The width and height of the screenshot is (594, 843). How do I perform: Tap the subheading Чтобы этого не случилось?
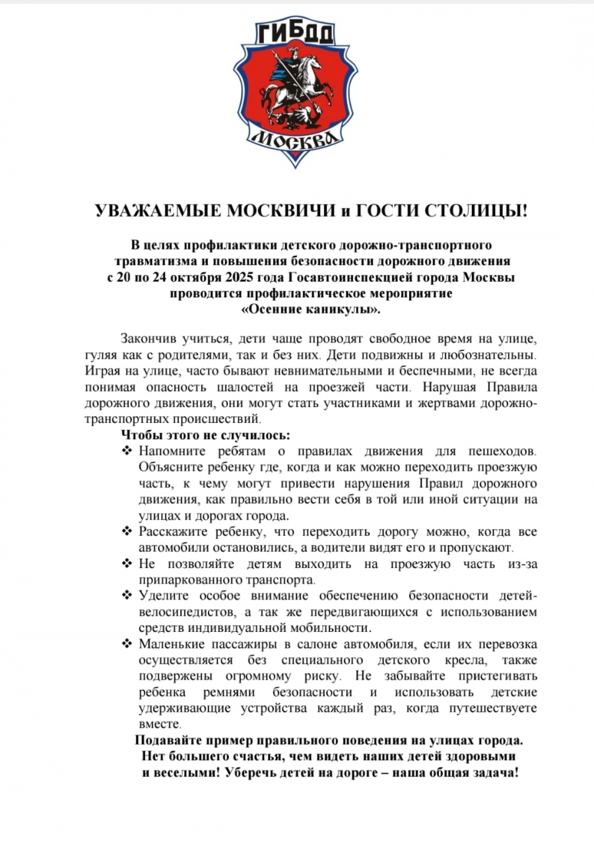[205, 435]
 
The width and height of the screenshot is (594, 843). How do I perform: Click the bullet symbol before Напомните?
[127, 451]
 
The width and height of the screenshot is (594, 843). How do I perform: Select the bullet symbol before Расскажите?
[127, 532]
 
